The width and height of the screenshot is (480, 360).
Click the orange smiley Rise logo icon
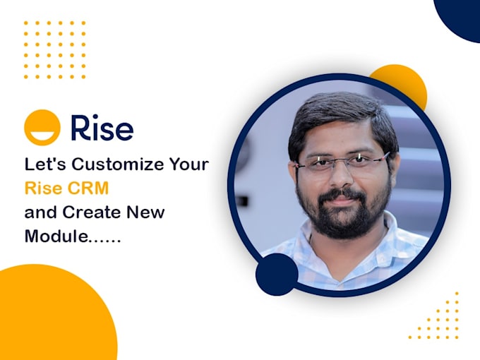coord(42,128)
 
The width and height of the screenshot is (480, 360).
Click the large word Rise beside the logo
coord(102,128)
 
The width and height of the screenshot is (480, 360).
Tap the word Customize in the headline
coord(119,166)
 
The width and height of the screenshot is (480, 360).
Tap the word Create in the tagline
coord(91,212)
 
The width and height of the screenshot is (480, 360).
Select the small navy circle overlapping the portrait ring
coord(277,275)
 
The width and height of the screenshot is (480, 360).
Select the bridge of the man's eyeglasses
coord(343,164)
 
